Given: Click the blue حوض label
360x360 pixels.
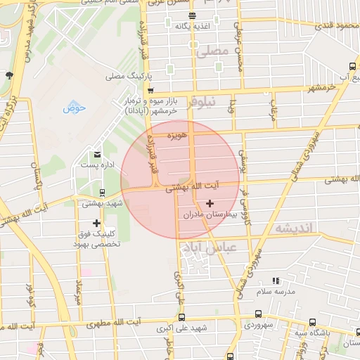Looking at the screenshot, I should [74, 108].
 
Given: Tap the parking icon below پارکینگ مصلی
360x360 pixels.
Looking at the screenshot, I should [150, 90].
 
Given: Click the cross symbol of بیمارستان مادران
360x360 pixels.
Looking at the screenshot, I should [210, 202].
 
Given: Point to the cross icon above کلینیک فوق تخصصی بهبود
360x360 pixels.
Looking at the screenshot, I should [97, 223].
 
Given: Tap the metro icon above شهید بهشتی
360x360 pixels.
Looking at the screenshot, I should [103, 192].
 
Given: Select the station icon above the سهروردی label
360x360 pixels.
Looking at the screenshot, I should [259, 314].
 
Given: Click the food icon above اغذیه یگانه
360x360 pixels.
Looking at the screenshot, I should [192, 15].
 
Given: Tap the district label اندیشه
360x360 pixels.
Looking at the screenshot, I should [293, 229].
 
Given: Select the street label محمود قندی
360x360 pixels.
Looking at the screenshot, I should [333, 26].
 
